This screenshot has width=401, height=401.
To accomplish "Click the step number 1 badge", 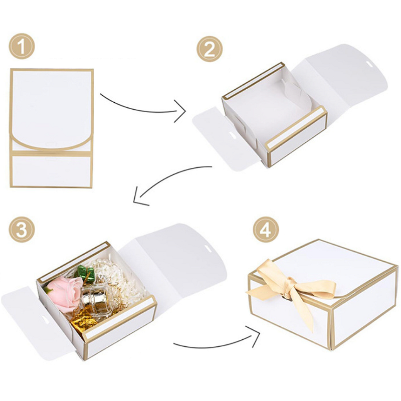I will (x=22, y=48).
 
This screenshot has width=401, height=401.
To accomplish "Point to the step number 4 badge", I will (x=265, y=230).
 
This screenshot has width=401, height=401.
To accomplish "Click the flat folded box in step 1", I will (x=52, y=128).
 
